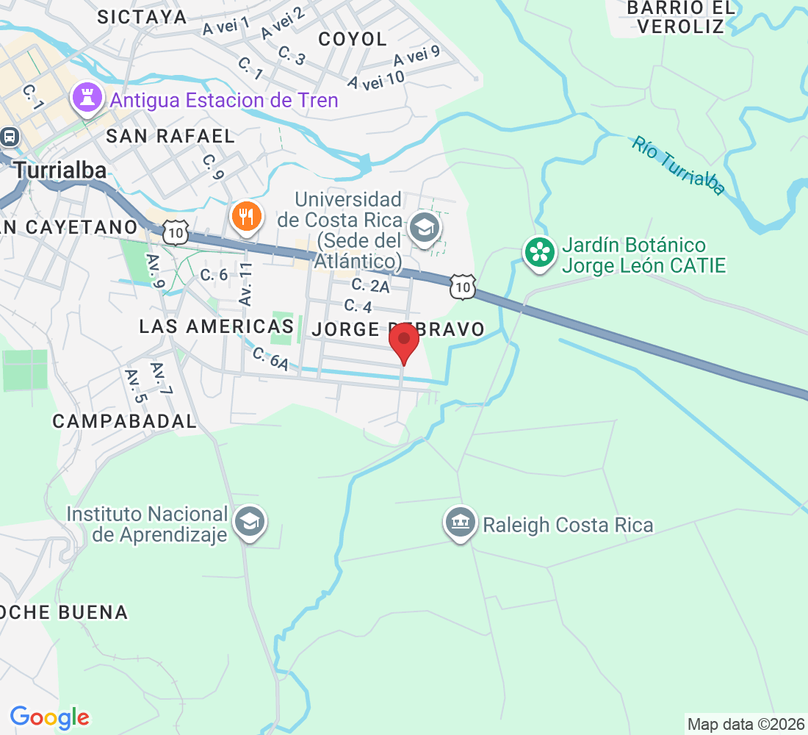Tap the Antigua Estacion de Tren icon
click(x=87, y=98)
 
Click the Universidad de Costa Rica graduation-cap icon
click(x=424, y=227)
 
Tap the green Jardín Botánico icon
click(x=540, y=252)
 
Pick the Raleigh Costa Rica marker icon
click(x=460, y=523)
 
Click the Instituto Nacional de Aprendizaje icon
click(x=250, y=523)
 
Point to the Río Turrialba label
click(x=678, y=165)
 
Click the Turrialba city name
click(x=60, y=171)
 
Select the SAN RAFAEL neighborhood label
click(x=170, y=136)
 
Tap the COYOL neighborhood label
click(x=353, y=39)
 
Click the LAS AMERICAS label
click(x=217, y=326)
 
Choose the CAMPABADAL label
click(x=125, y=421)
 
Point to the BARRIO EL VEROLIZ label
click(x=681, y=18)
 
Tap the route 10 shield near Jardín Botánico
click(x=463, y=286)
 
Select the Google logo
click(x=50, y=717)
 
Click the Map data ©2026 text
click(x=745, y=724)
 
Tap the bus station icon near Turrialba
click(x=10, y=137)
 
